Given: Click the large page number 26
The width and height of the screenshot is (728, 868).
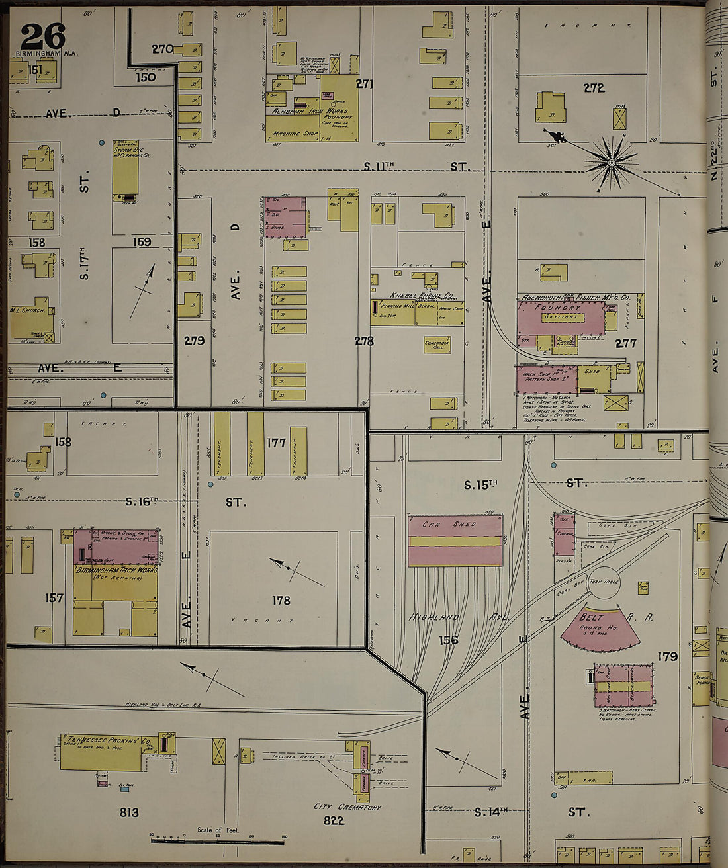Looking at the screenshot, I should coord(43,36).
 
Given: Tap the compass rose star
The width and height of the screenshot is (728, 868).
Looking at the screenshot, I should coord(612,161).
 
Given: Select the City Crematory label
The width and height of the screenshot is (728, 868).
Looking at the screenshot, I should coord(347,807).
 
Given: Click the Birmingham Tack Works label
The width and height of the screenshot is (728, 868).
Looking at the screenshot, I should coord(116,570).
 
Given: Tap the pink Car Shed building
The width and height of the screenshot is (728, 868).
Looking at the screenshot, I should coord(455,541).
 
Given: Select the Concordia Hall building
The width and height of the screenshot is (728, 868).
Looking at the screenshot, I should coord(437,345).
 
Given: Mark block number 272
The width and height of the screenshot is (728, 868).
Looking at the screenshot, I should coord(594,87).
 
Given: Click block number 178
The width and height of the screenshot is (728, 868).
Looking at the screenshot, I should coord(281,601).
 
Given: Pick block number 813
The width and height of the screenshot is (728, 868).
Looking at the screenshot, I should coord(128,812).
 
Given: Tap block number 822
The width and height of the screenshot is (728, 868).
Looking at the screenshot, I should coord(334,820).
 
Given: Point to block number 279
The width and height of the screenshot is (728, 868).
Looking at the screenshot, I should coord(194,341).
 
